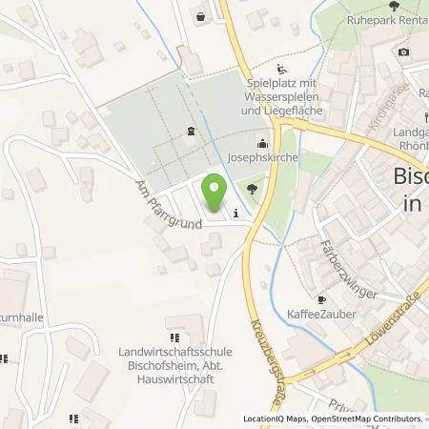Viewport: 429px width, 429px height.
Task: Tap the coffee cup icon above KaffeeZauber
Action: pos(321,296)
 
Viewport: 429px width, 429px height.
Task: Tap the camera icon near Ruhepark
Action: pos(403,51)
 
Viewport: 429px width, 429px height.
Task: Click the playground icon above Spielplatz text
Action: pos(281,69)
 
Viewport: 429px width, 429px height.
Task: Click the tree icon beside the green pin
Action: pos(252,189)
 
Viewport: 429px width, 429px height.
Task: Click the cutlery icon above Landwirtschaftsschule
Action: pos(174,337)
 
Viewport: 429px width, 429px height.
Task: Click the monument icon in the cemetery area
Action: pos(191,133)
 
